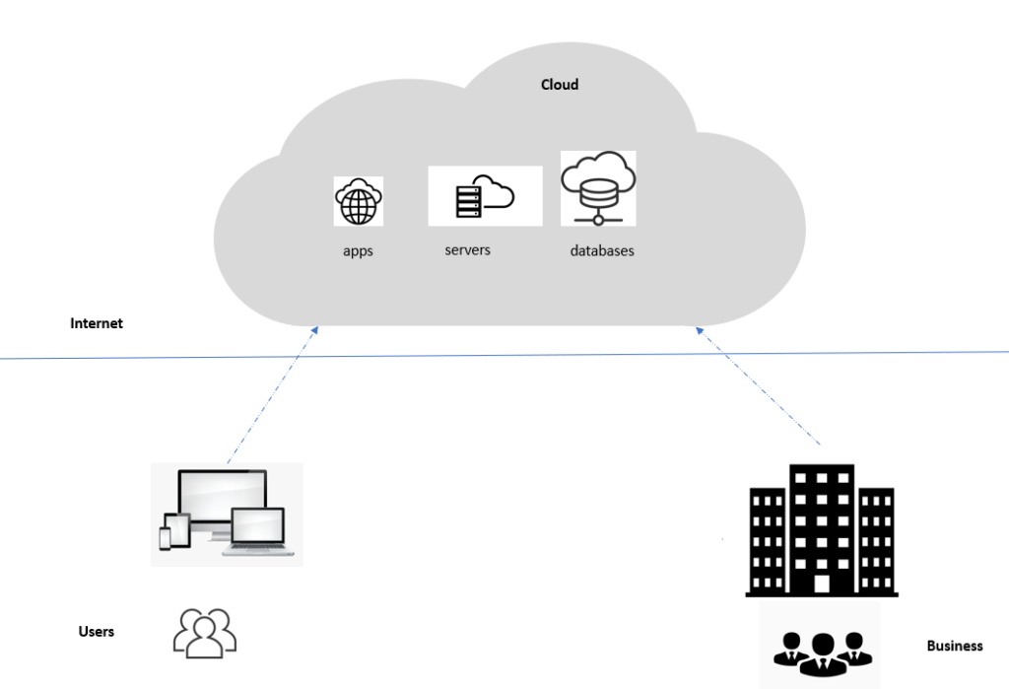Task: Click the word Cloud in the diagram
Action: [x=559, y=85]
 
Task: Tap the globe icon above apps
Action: [x=358, y=202]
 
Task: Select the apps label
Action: [x=358, y=251]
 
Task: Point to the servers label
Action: [x=467, y=250]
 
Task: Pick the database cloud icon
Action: [x=598, y=187]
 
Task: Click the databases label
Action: [x=602, y=251]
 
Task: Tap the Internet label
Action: [x=97, y=323]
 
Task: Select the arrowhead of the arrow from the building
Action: [x=700, y=332]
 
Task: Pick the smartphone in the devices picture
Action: [x=165, y=537]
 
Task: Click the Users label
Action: [x=97, y=631]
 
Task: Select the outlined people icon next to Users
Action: [x=205, y=633]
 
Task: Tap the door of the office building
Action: [x=822, y=584]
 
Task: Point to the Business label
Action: [x=955, y=647]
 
